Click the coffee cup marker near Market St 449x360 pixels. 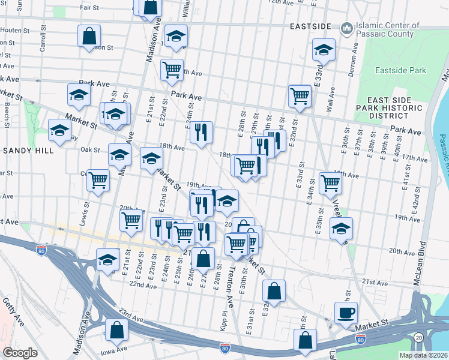tap(346, 313)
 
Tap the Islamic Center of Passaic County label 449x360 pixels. tap(387, 30)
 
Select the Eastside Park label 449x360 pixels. tap(400, 71)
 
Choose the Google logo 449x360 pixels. tap(20, 353)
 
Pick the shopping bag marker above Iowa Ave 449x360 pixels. tap(116, 330)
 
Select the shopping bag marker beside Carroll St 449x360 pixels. tap(89, 35)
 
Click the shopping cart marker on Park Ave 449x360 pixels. tap(300, 95)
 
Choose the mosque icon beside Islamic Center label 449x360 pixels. tap(347, 28)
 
